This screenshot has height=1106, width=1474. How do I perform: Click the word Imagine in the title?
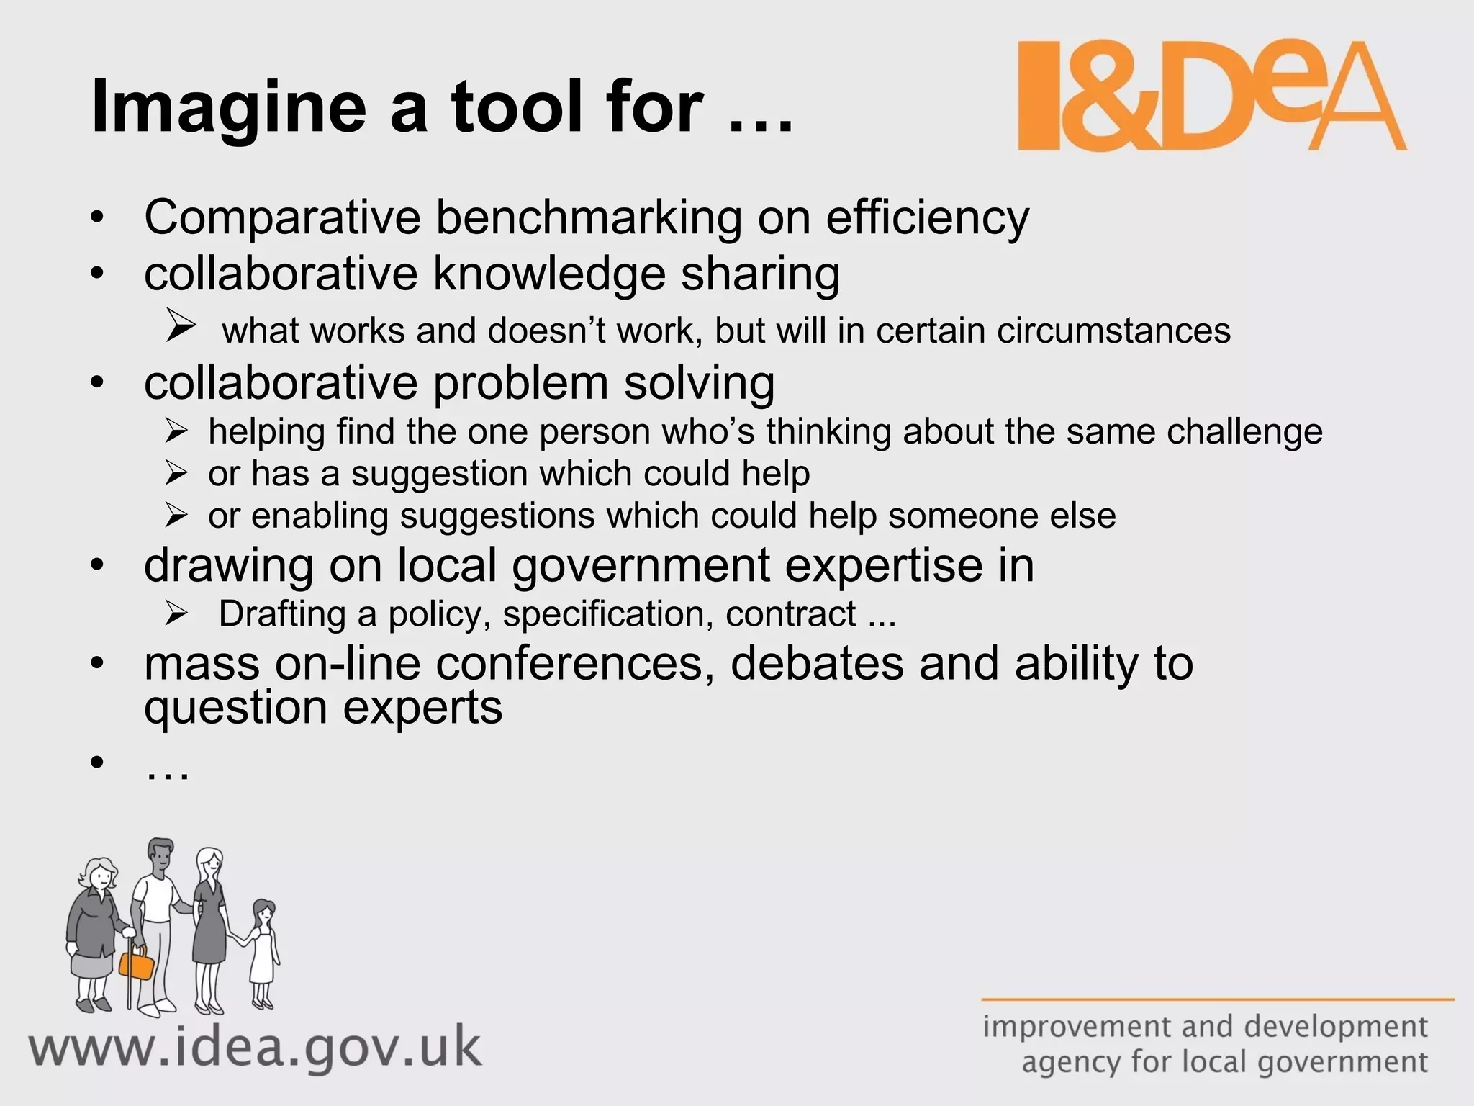click(x=229, y=108)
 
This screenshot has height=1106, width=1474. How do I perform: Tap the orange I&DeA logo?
click(x=1211, y=97)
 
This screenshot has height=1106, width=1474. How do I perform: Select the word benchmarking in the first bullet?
click(x=588, y=217)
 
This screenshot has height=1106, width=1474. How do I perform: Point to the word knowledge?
click(x=549, y=274)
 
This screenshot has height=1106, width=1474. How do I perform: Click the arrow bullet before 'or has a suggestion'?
click(x=176, y=473)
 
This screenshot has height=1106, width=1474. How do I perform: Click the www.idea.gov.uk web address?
click(x=255, y=1048)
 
